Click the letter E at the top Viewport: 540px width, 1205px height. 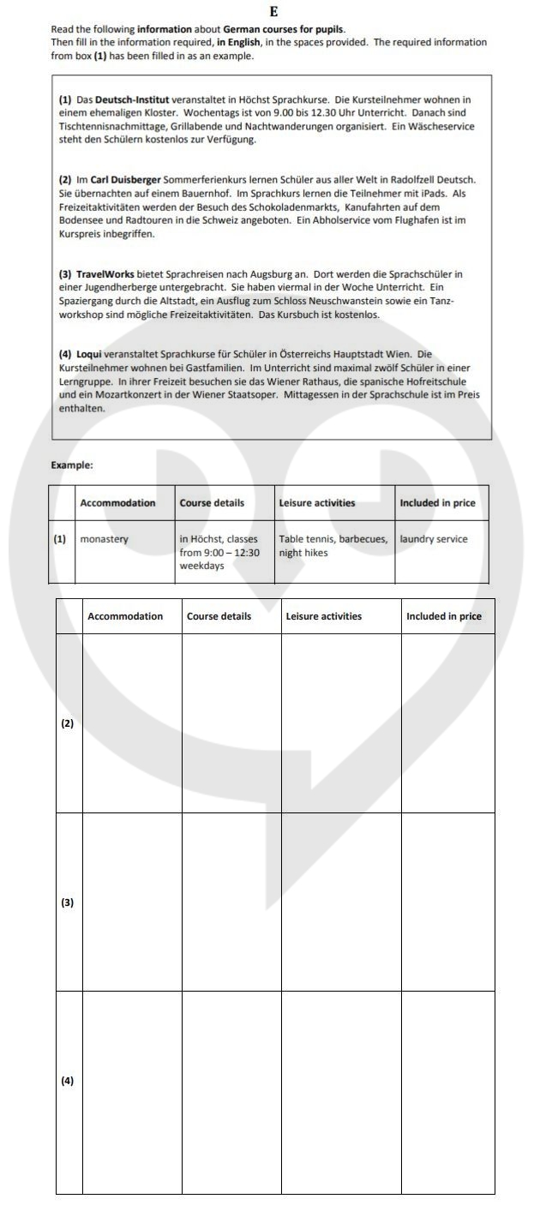[273, 11]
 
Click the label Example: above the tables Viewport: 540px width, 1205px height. [72, 465]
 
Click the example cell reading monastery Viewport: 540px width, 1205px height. [104, 540]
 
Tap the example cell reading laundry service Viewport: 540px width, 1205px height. [434, 540]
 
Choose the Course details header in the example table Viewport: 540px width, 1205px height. [212, 503]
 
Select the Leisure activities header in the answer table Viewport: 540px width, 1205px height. [324, 616]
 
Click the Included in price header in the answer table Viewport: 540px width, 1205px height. [444, 616]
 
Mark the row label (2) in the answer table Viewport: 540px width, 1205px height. [68, 723]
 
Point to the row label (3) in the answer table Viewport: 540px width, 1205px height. [68, 902]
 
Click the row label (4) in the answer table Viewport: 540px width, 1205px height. [68, 1081]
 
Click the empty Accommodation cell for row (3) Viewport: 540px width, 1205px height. [132, 902]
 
